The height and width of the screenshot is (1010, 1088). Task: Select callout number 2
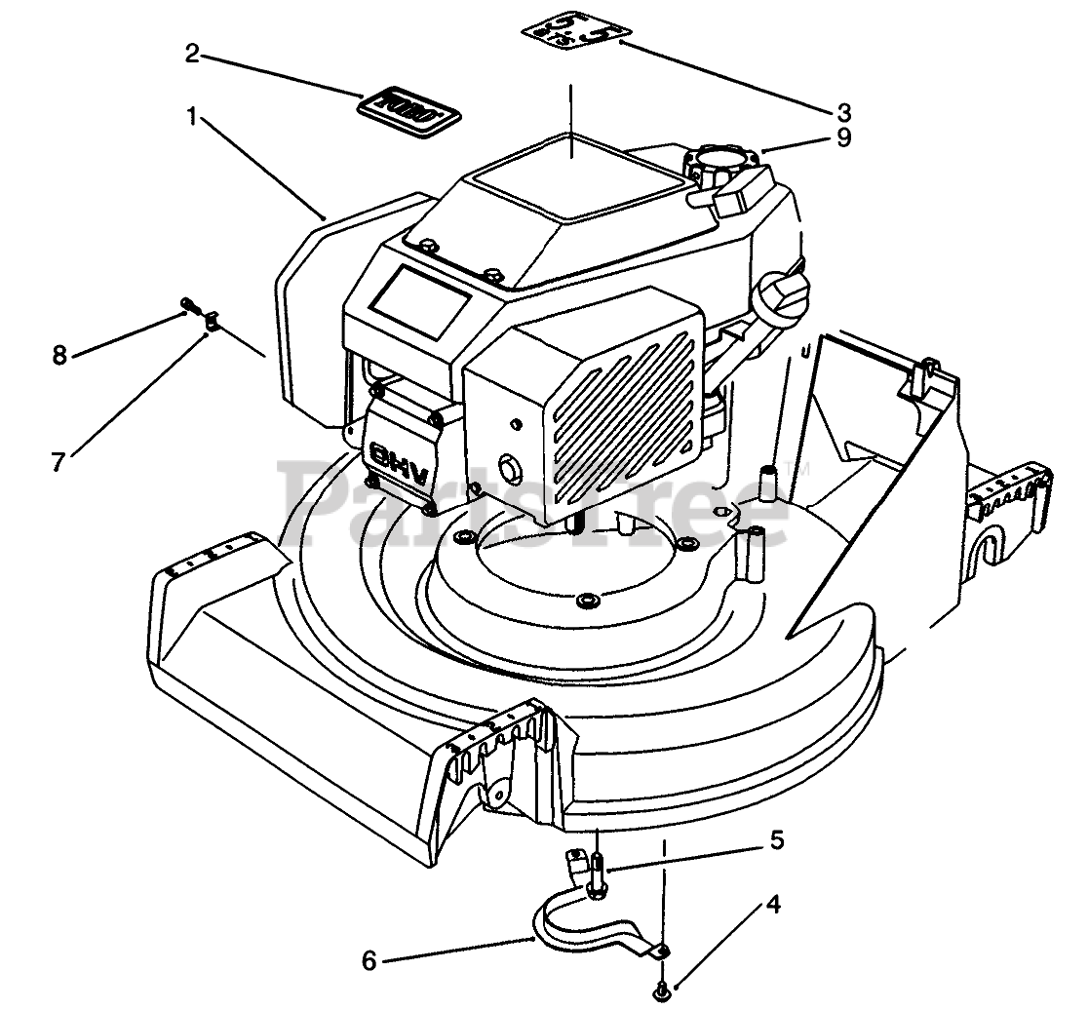192,54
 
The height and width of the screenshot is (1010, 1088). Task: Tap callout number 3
844,111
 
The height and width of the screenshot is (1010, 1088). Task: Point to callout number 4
772,904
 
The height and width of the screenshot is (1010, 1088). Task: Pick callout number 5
777,840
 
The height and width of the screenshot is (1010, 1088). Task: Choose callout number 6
369,960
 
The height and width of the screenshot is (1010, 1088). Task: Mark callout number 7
58,461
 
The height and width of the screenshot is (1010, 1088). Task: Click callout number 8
60,356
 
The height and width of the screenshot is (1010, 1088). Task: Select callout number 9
843,138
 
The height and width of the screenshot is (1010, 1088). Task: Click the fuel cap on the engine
724,159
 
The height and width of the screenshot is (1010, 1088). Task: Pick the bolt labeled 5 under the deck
597,868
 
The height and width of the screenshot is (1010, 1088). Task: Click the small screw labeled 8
188,310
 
